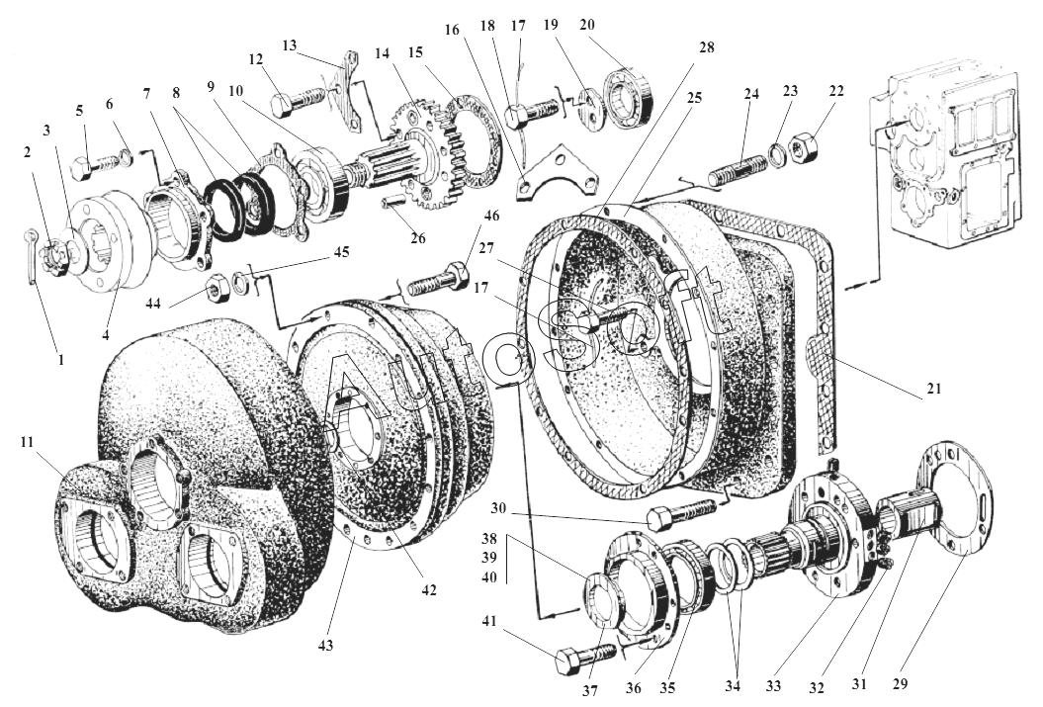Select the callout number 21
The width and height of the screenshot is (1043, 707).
[x=933, y=389]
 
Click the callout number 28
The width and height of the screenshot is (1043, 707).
[x=706, y=47]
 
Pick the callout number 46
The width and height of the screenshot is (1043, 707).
[x=491, y=215]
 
